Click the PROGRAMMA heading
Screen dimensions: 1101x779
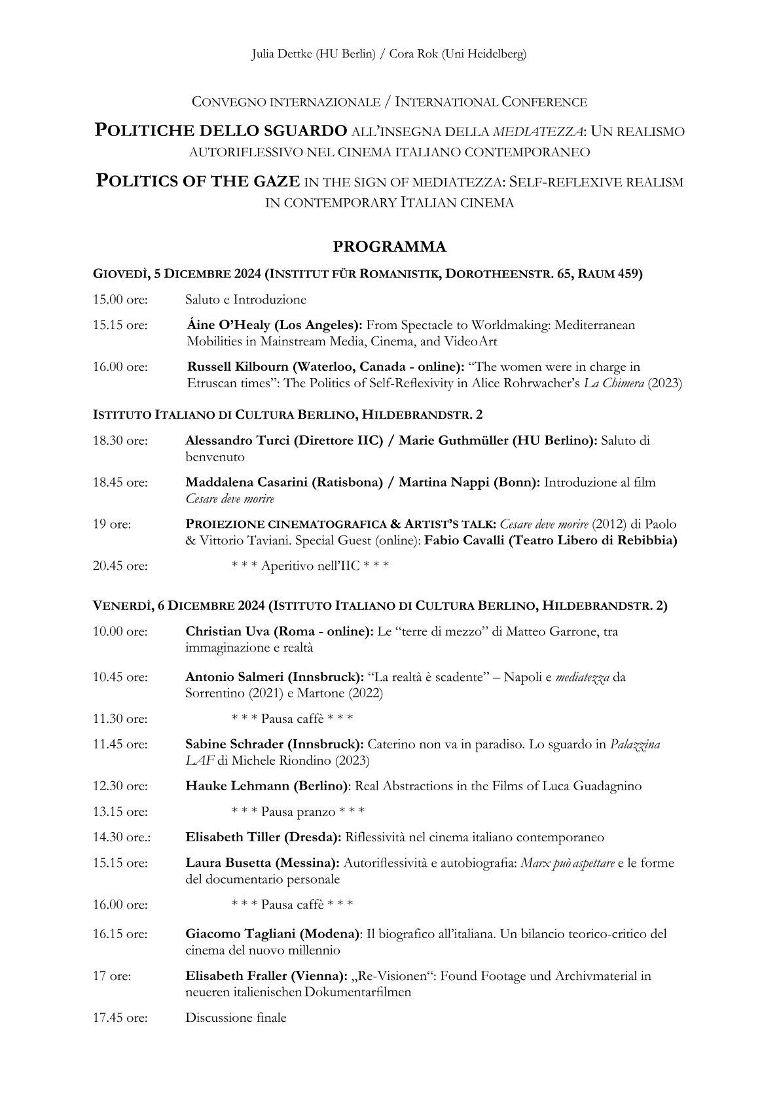[x=389, y=247]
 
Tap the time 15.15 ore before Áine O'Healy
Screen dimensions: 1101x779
[x=120, y=325]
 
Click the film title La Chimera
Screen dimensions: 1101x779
[x=613, y=383]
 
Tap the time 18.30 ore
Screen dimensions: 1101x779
[x=120, y=441]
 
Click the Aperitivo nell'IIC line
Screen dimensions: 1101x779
[x=310, y=566]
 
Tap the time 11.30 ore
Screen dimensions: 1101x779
[x=120, y=719]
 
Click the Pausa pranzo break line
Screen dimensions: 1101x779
[x=298, y=812]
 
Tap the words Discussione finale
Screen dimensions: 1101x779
[x=236, y=1018]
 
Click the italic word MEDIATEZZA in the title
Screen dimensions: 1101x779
[x=537, y=131]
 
